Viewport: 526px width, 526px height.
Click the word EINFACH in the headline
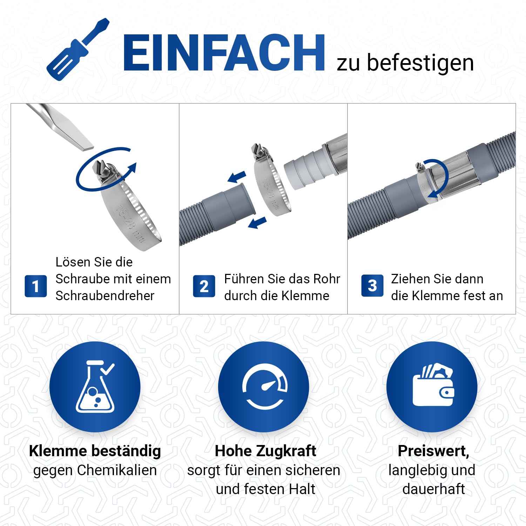tap(224, 53)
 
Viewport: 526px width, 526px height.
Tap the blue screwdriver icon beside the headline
tap(78, 49)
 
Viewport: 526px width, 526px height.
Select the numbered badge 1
tap(35, 286)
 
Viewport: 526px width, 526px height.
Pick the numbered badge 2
tap(204, 286)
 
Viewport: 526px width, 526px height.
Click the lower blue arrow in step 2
tap(257, 223)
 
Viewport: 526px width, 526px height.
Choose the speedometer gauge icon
tap(265, 386)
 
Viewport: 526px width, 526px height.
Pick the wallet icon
tap(433, 385)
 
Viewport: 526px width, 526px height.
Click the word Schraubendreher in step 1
tap(105, 296)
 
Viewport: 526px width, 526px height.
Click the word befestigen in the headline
tap(420, 63)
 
